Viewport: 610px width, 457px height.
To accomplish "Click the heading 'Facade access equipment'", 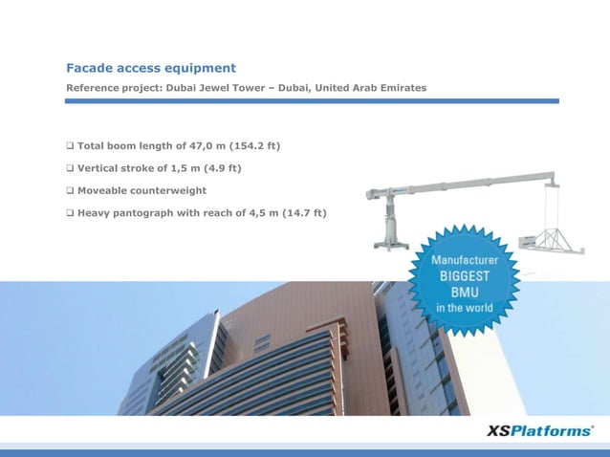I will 150,68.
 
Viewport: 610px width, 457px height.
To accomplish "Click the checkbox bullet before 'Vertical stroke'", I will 70,168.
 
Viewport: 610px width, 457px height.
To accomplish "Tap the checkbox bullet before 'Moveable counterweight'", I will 70,190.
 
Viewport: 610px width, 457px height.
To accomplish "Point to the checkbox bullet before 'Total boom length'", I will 70,146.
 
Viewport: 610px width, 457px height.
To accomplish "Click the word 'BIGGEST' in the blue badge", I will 466,275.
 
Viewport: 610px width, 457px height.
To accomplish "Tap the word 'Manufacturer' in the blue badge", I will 466,260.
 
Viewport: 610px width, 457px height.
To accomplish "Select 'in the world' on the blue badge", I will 466,308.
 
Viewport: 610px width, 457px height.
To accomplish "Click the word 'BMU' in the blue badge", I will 466,292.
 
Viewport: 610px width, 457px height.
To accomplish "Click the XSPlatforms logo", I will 540,431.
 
